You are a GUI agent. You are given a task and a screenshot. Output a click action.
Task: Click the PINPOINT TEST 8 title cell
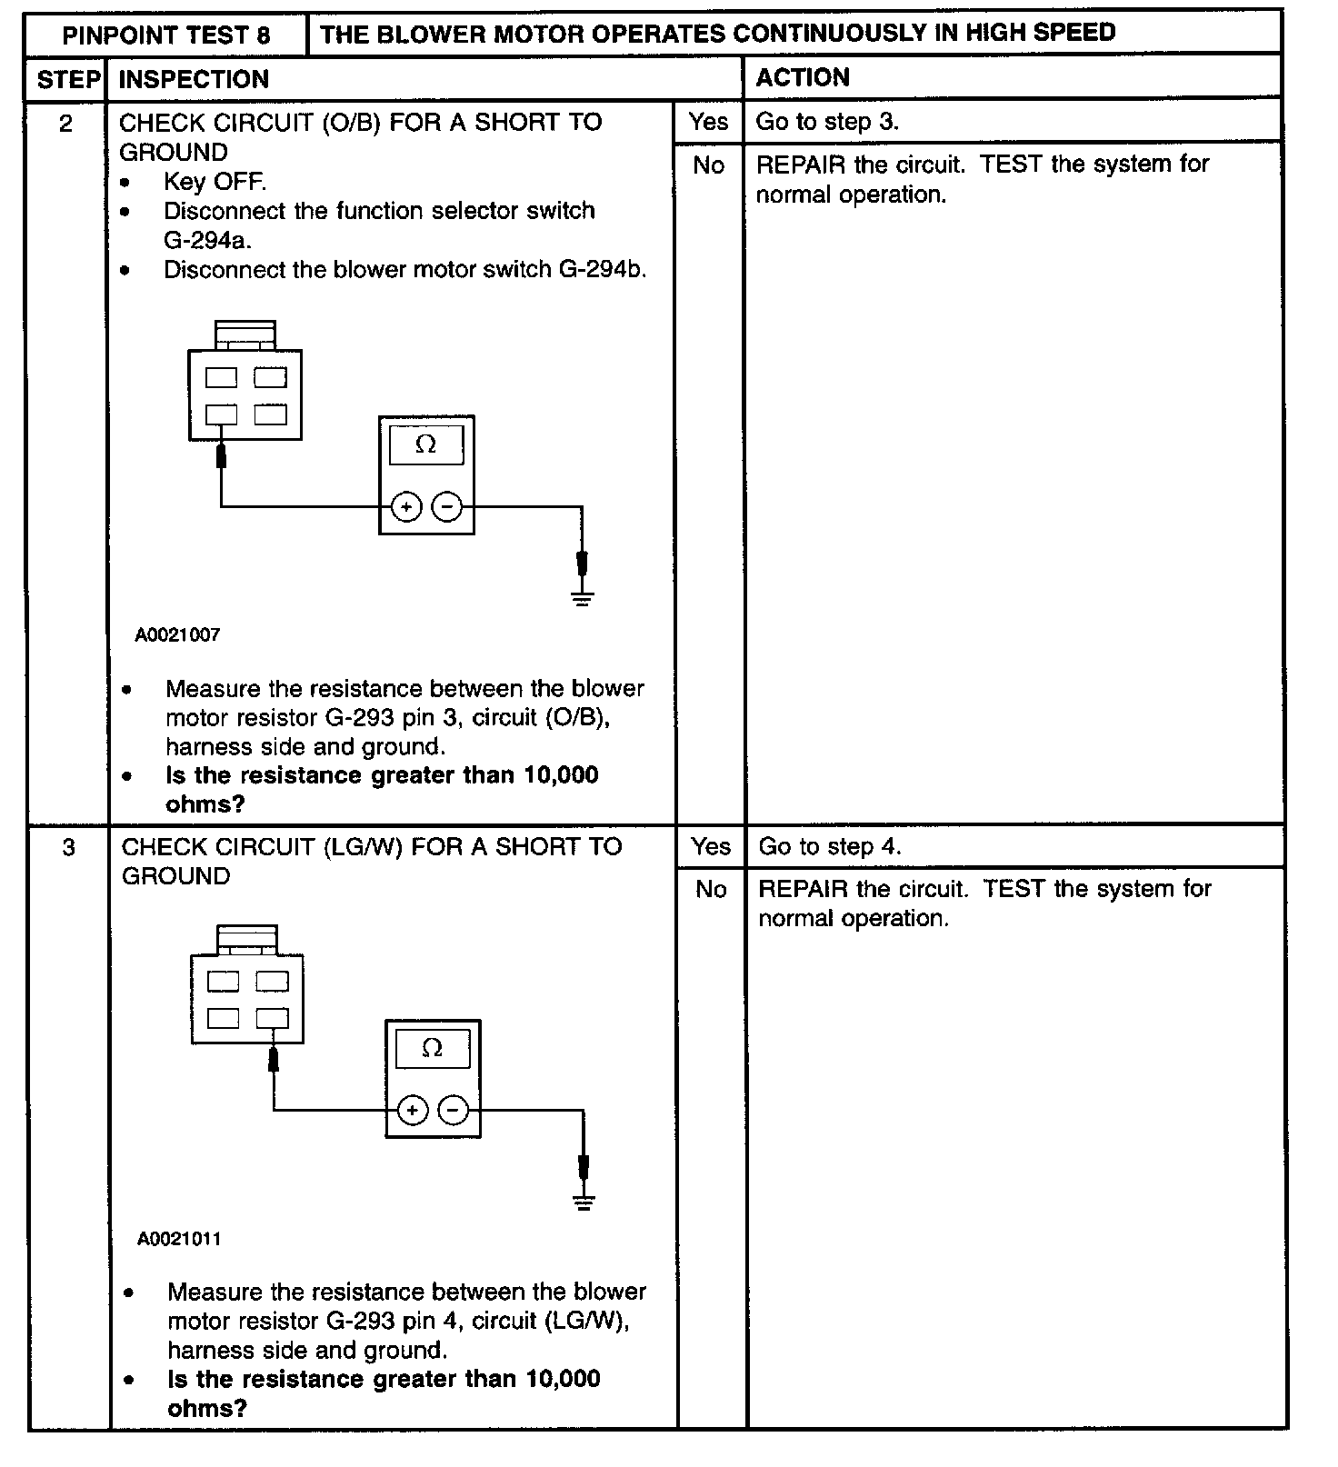click(166, 35)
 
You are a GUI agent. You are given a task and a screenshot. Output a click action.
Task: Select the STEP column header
click(68, 79)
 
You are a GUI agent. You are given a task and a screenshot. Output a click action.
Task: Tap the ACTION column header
click(803, 78)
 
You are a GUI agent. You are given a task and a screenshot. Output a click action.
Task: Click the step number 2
click(65, 123)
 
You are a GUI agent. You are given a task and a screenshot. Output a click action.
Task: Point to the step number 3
click(68, 847)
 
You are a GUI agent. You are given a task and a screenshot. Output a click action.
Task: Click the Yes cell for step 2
click(708, 122)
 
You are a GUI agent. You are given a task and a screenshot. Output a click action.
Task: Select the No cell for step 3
click(711, 889)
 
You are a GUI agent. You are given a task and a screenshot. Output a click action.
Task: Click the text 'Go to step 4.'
click(829, 847)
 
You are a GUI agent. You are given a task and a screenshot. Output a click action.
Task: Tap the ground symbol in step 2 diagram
click(583, 598)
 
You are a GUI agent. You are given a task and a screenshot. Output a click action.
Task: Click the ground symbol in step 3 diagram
click(584, 1203)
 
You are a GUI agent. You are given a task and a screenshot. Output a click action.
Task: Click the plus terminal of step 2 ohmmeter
click(406, 507)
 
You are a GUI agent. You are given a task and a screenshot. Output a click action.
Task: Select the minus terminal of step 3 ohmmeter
click(454, 1110)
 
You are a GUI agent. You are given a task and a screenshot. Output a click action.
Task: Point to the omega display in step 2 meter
click(425, 444)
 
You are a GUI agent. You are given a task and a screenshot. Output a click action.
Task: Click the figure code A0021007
click(177, 635)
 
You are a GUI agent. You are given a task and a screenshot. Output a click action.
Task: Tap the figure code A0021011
click(179, 1239)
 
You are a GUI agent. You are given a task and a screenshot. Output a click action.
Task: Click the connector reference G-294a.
click(207, 241)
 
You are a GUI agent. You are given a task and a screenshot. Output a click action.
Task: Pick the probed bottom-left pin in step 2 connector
click(221, 414)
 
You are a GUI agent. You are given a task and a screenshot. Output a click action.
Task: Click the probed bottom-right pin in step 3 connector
click(272, 1018)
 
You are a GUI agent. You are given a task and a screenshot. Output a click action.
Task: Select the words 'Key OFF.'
click(215, 182)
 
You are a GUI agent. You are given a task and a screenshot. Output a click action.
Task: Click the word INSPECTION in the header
click(194, 79)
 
